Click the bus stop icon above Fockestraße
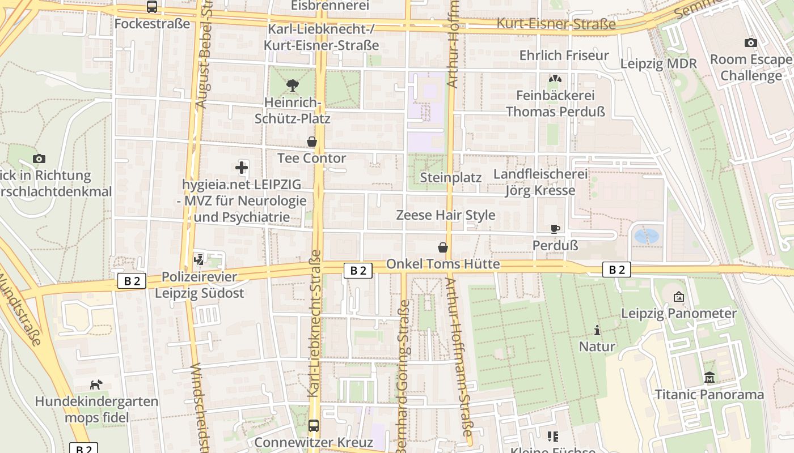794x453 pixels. [x=151, y=7]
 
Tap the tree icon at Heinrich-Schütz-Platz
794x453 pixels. [x=293, y=86]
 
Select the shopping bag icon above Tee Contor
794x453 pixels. [x=311, y=142]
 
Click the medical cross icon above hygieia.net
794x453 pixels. [x=242, y=168]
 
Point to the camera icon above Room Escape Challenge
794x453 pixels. [x=750, y=42]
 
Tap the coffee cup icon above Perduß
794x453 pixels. [x=555, y=229]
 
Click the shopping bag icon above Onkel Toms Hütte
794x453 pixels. [x=443, y=247]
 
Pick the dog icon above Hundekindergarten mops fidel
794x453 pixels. [x=96, y=385]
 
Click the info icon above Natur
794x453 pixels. [x=597, y=330]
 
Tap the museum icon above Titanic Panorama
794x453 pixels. [x=709, y=377]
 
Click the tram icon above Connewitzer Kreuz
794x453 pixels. [x=314, y=425]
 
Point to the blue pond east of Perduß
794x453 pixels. [x=646, y=235]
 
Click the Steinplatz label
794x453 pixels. [x=450, y=178]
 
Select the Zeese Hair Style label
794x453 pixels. [x=445, y=215]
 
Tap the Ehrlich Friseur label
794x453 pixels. [x=564, y=55]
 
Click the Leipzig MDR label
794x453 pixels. [x=658, y=63]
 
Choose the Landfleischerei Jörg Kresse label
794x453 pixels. [x=540, y=182]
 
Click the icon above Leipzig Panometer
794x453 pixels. [x=678, y=296]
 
